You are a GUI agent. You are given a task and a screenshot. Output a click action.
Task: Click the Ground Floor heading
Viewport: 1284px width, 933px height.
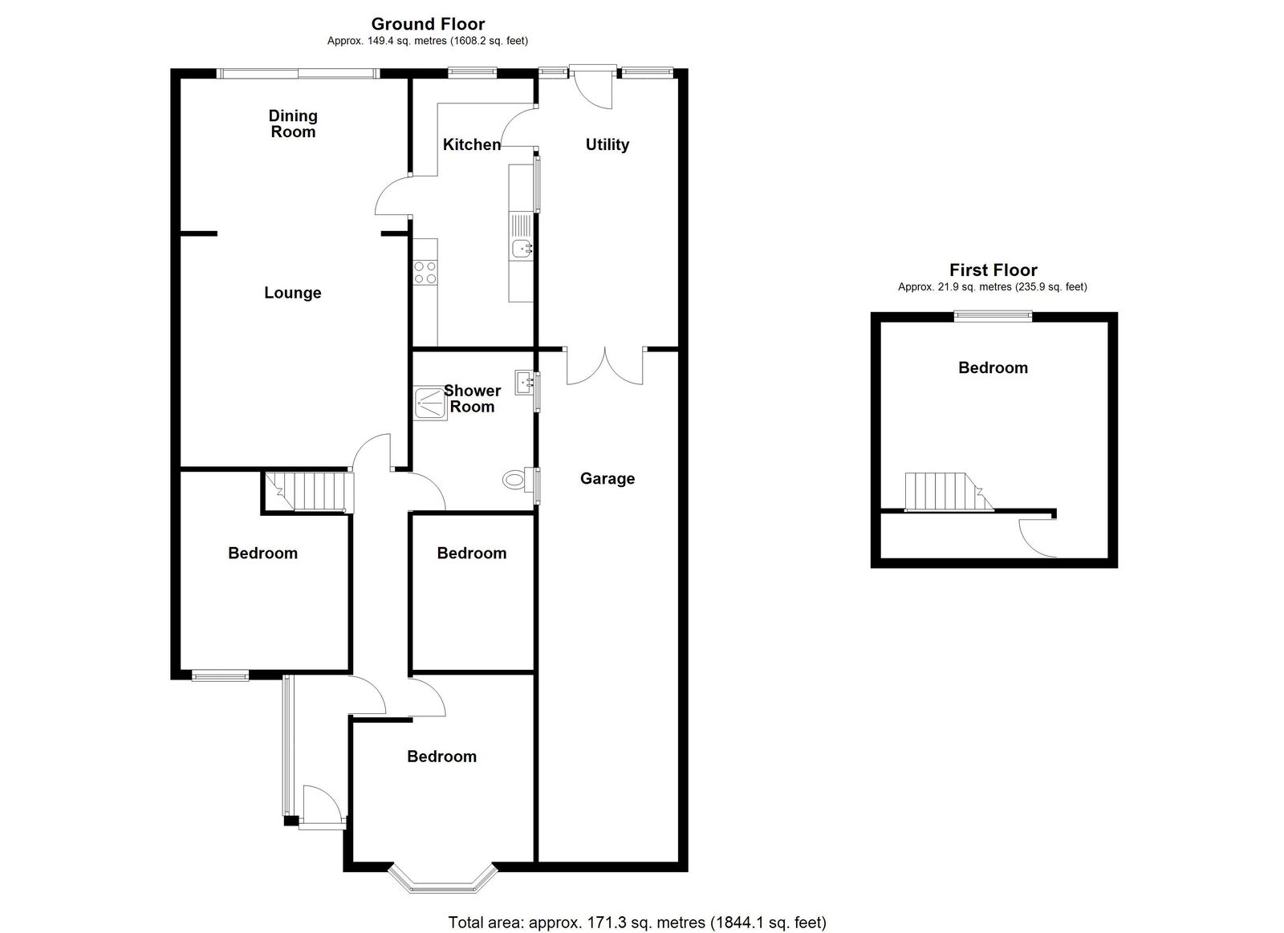click(428, 24)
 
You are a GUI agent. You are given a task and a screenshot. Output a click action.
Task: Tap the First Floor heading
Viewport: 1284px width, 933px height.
click(993, 270)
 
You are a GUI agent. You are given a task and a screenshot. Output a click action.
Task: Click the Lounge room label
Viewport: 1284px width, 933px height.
click(292, 293)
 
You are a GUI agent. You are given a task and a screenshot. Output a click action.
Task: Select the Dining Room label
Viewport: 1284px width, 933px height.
click(293, 124)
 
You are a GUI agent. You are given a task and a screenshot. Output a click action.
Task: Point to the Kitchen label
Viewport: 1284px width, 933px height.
click(472, 144)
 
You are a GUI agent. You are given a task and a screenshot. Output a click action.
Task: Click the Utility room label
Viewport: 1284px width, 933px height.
click(607, 144)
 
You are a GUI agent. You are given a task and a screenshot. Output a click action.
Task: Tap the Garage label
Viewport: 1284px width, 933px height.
click(607, 479)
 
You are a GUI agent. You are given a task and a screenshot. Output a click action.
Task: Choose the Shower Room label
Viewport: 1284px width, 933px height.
click(472, 399)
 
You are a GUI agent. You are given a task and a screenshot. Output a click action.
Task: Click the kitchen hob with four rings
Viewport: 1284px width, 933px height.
click(425, 272)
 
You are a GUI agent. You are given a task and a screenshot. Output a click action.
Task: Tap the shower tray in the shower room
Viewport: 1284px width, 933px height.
click(431, 404)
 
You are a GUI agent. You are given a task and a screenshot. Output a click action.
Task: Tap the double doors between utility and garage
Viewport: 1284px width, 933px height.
click(605, 366)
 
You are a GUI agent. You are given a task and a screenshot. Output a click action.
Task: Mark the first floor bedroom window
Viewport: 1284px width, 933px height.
click(993, 316)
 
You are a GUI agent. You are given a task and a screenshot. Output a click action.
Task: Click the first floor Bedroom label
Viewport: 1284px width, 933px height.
click(993, 368)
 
